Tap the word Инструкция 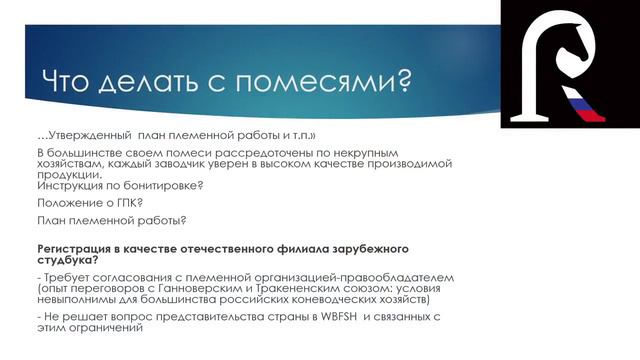(71, 187)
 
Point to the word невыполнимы (82, 298)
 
